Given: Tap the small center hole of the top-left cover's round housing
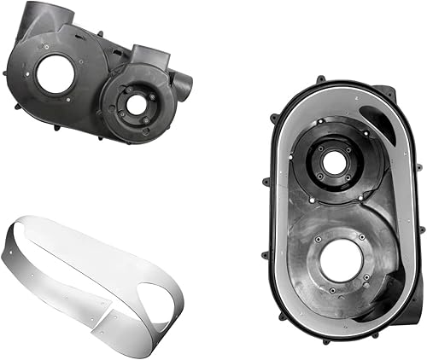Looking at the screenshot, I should [x=136, y=105].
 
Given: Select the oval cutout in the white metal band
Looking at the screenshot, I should [x=157, y=294].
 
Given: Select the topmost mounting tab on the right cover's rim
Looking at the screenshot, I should [x=320, y=79].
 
